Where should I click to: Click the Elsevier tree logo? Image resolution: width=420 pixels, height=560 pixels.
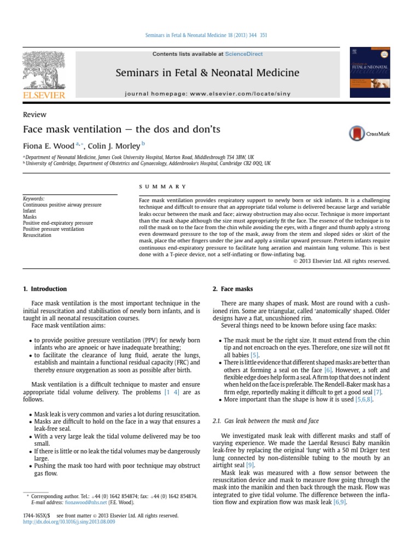44,72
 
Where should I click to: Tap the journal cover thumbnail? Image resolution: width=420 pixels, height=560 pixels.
371,75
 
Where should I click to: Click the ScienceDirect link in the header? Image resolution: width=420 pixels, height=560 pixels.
244,54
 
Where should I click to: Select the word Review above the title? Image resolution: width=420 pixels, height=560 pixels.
34,115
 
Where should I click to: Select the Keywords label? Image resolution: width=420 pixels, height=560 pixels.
33,199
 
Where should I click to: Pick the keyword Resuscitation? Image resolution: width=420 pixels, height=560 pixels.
38,235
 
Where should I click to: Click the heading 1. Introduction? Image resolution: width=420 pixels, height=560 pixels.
45,289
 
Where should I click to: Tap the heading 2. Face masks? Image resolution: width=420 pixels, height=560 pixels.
232,289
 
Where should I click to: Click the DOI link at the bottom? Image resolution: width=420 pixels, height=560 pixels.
69,522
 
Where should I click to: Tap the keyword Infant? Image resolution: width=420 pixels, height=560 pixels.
30,211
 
